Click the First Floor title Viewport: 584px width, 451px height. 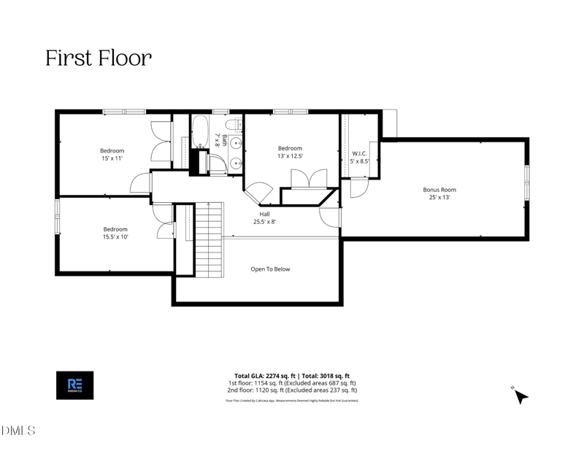tap(99, 58)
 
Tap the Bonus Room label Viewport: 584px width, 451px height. tap(439, 190)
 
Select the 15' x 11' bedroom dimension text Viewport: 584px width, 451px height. tap(112, 158)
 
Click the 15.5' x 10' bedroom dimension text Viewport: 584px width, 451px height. tap(115, 236)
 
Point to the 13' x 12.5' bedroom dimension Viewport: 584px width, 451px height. tap(290, 155)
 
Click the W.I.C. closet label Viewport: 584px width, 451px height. tap(359, 153)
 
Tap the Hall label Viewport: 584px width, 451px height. tap(264, 214)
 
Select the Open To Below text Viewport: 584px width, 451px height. tap(270, 269)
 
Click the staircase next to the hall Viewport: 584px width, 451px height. tap(208, 241)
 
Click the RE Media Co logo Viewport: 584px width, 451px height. tap(74, 385)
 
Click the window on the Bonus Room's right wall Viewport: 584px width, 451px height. tap(527, 182)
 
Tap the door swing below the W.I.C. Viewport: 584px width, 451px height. tap(358, 188)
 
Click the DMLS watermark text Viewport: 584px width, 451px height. tap(18, 431)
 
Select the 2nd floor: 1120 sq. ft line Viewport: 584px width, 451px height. tap(292, 390)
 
